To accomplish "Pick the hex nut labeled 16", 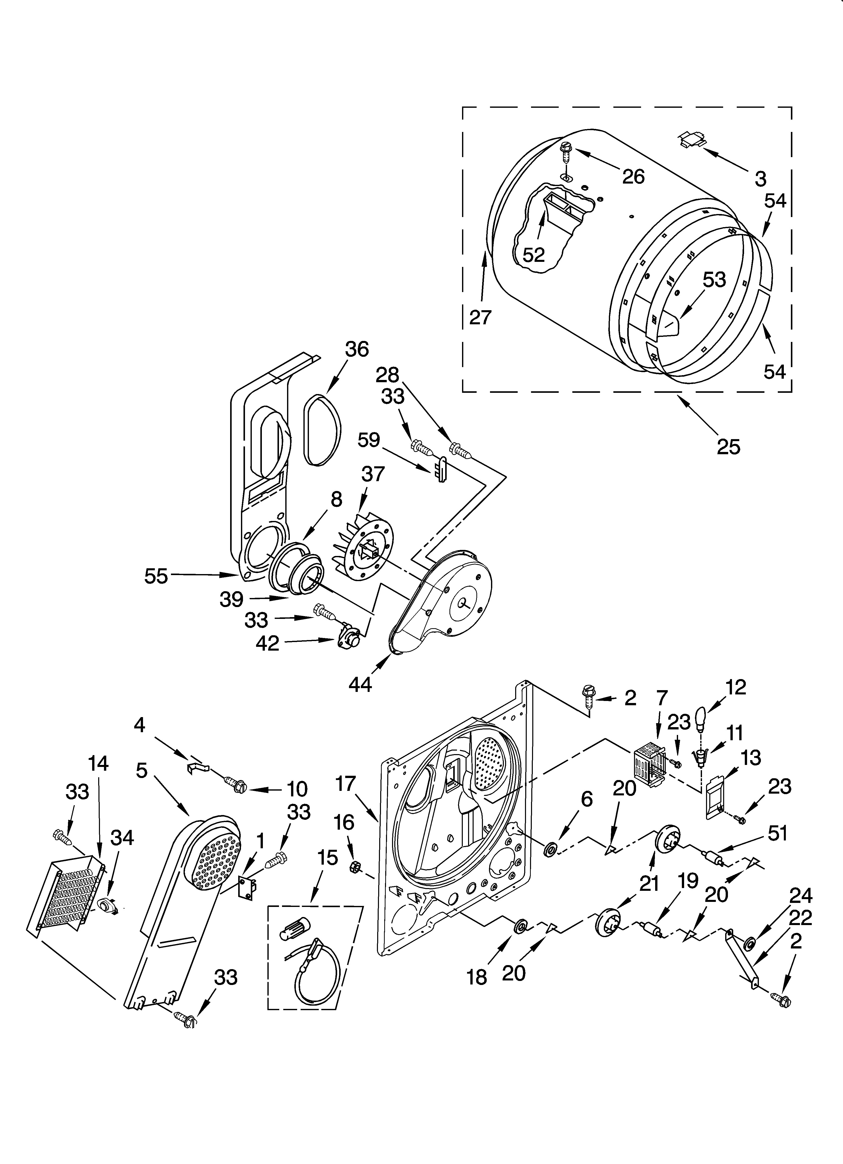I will (354, 867).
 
